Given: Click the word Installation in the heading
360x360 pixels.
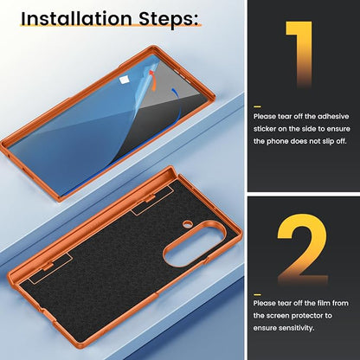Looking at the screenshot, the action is point(76,18).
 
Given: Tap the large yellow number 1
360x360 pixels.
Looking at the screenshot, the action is point(299,55).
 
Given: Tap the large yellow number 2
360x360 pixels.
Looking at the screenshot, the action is point(302,249).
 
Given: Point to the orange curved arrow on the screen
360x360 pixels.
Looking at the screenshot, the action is point(153,80).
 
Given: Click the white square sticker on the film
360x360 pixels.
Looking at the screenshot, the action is point(124,80).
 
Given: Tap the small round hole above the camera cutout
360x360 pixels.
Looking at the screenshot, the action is point(188,223).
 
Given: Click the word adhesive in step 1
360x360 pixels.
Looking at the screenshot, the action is point(333,117).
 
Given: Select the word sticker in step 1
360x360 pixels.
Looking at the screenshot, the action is point(265,129).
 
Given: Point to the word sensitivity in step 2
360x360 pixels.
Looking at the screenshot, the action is point(296,328).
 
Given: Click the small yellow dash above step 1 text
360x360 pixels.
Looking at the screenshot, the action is point(257,106).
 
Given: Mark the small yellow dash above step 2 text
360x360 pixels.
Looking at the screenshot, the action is point(257,294).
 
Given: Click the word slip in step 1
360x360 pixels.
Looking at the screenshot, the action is point(329,142).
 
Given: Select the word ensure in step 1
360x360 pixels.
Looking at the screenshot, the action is point(337,129).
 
